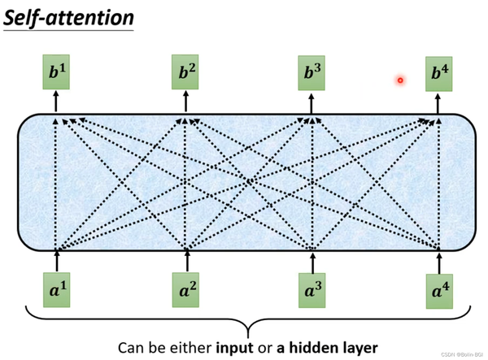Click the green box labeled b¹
coord(56,74)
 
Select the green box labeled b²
coord(186,74)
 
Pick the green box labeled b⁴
coord(440,74)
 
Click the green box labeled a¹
coord(56,288)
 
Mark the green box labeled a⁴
coord(440,288)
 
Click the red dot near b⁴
coord(400,80)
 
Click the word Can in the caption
coord(132,347)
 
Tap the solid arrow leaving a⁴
coord(440,260)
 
